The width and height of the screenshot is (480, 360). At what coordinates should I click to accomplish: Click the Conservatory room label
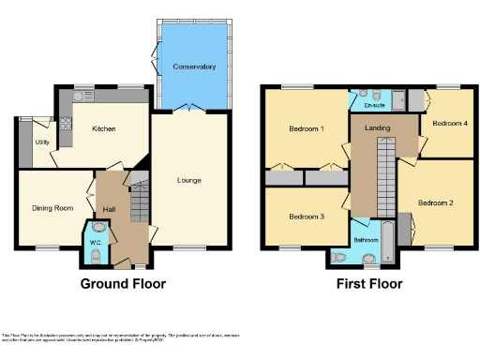[x=194, y=67]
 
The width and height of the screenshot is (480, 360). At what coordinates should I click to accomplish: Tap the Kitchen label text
[x=104, y=128]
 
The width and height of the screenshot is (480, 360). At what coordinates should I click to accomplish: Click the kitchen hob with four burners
[x=67, y=122]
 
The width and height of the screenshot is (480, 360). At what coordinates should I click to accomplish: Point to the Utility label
[x=42, y=142]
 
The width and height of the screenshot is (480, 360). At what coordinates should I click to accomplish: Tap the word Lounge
[x=188, y=180]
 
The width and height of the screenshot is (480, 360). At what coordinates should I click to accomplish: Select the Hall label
[x=109, y=209]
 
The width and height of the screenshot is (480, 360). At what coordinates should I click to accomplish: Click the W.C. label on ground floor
[x=95, y=243]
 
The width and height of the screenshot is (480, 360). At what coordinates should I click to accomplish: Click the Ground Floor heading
[x=123, y=284]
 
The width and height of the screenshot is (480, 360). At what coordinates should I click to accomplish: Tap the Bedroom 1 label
[x=307, y=128]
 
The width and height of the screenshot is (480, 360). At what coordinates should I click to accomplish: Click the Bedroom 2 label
[x=436, y=202]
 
